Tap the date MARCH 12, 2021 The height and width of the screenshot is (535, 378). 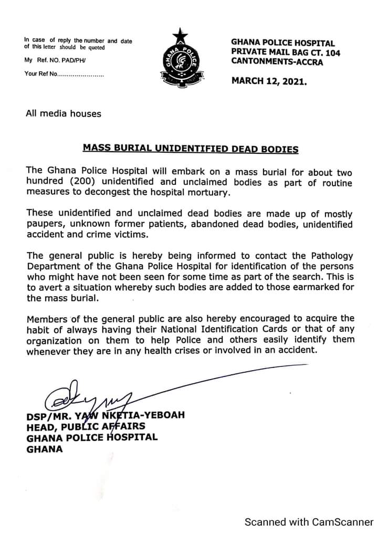pos(269,82)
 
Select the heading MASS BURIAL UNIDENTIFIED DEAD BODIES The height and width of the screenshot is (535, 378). pos(191,149)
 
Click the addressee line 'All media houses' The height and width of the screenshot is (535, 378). pos(64,113)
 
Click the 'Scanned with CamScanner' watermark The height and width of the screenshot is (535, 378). pos(309,522)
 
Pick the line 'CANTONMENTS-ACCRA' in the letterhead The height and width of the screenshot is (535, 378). pos(277,62)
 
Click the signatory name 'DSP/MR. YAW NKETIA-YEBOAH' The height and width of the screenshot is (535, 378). pos(106,415)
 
